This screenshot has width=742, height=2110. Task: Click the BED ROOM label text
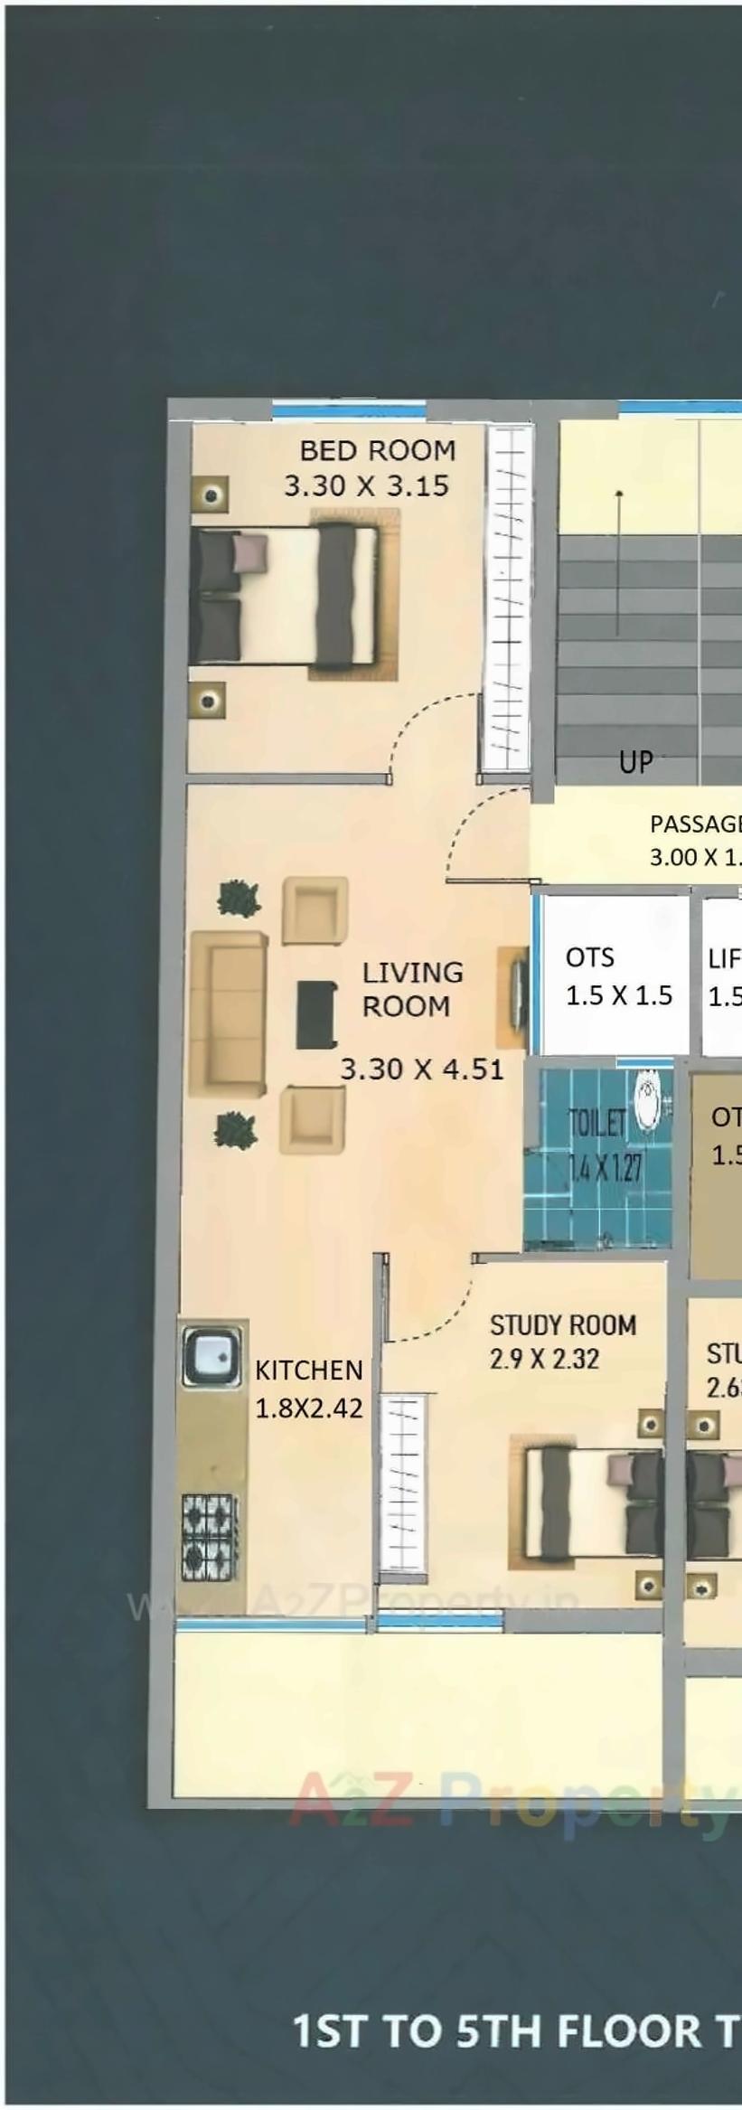tap(378, 450)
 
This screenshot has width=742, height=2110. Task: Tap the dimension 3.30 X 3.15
tap(366, 486)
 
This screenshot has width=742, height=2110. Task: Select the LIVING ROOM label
tap(412, 989)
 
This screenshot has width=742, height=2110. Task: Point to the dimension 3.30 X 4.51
tap(421, 1069)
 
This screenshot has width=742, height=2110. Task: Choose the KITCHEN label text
tap(308, 1371)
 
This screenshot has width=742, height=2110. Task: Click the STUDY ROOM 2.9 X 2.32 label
tap(562, 1342)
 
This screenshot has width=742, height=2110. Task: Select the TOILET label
tap(596, 1124)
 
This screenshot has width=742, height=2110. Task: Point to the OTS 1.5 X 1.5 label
tap(618, 976)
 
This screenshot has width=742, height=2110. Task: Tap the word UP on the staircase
tap(635, 762)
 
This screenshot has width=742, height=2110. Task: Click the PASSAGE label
tap(694, 824)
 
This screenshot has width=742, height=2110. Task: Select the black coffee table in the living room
tap(316, 1014)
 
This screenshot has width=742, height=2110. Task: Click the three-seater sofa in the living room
tap(229, 1014)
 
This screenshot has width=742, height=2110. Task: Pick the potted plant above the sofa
tap(240, 898)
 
